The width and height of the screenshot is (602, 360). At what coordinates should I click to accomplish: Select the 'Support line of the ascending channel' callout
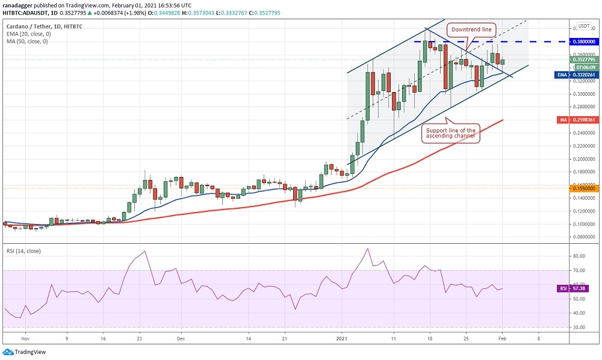pos(450,133)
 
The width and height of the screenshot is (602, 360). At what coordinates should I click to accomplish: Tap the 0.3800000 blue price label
pos(584,42)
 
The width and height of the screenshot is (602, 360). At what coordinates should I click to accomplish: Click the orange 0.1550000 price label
pos(584,188)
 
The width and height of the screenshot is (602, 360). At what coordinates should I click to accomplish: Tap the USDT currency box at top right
pos(583,26)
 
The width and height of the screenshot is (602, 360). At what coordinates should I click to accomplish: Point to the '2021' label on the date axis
pos(342,338)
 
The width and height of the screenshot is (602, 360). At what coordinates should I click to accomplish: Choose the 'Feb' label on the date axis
pos(501,338)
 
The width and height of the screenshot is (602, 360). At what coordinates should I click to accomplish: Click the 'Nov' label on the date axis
pos(25,338)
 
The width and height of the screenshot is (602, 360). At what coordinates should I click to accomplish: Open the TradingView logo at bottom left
pos(25,352)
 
